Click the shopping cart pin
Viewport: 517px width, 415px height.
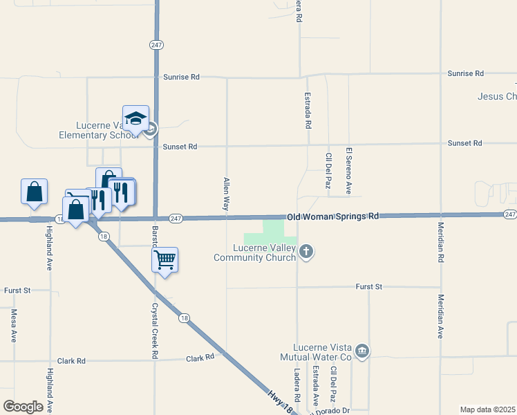point(164,260)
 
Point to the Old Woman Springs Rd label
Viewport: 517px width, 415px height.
point(333,216)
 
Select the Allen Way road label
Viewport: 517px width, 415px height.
point(226,194)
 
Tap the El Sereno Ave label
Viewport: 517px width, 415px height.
point(349,170)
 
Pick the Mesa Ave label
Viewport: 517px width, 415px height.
point(14,326)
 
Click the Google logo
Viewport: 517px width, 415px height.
point(23,407)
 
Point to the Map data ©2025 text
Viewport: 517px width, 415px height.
point(488,409)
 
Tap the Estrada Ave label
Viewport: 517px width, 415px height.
point(315,385)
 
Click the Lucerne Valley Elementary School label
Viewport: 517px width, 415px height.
point(98,130)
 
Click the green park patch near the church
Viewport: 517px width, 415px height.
point(274,231)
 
